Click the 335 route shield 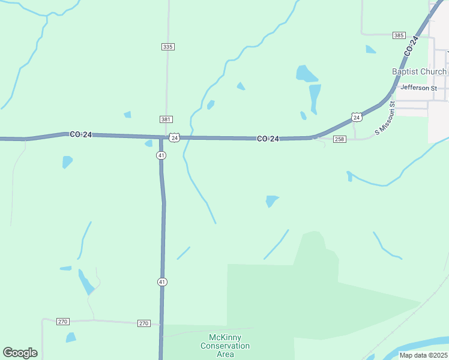click(167, 47)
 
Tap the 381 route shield click(166, 119)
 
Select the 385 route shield click(399, 36)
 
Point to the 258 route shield click(339, 139)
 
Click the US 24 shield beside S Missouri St click(357, 117)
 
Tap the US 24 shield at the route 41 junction click(174, 137)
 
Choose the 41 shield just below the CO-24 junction click(162, 155)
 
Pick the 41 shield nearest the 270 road click(162, 281)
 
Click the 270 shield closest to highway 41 click(143, 323)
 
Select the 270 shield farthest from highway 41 click(63, 322)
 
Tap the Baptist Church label click(419, 72)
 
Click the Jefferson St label click(419, 88)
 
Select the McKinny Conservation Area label click(225, 346)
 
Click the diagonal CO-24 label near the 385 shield click(411, 46)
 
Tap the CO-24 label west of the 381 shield click(80, 135)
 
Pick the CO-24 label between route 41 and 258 click(268, 139)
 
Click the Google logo click(20, 353)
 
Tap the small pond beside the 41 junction click(148, 143)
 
